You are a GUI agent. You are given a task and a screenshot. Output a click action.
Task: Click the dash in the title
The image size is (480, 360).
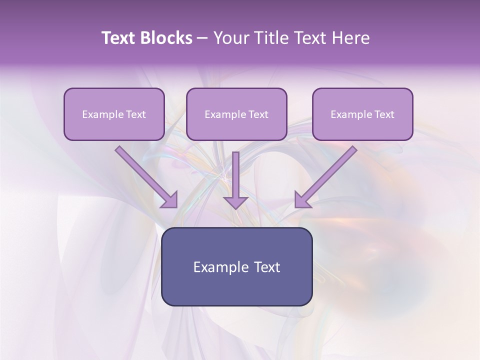click(202, 38)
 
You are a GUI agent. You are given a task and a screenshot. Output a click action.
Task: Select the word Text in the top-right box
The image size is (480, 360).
click(384, 114)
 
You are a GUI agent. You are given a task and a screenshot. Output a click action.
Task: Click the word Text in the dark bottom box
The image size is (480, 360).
click(267, 267)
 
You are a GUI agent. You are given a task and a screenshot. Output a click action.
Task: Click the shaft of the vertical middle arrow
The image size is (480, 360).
click(235, 172)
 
